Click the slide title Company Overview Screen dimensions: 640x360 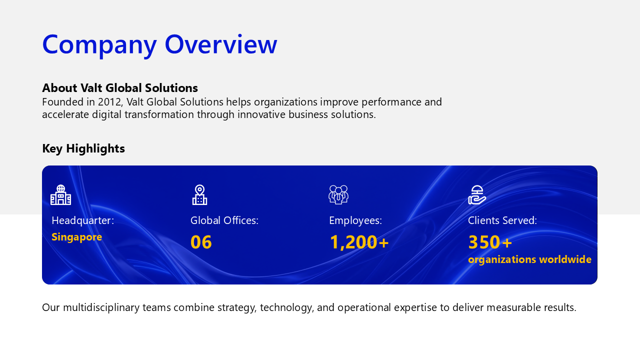pos(159,45)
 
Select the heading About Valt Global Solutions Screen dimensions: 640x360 pos(120,88)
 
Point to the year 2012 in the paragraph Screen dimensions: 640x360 pos(109,102)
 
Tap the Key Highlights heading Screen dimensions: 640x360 pos(83,148)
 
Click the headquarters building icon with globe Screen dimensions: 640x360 pos(60,195)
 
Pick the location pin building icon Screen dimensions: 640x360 pos(199,195)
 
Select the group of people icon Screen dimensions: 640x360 pos(338,194)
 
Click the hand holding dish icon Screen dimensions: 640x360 pos(477,195)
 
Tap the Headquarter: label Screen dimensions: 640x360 pos(83,220)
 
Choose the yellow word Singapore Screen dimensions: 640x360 pos(76,237)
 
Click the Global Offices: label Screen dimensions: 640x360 pos(224,220)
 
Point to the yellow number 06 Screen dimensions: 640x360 pos(201,242)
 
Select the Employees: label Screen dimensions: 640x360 pos(355,220)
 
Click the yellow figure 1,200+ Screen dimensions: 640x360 pos(359,242)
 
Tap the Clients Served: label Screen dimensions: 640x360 pos(502,220)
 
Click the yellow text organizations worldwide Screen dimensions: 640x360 pos(529,259)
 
